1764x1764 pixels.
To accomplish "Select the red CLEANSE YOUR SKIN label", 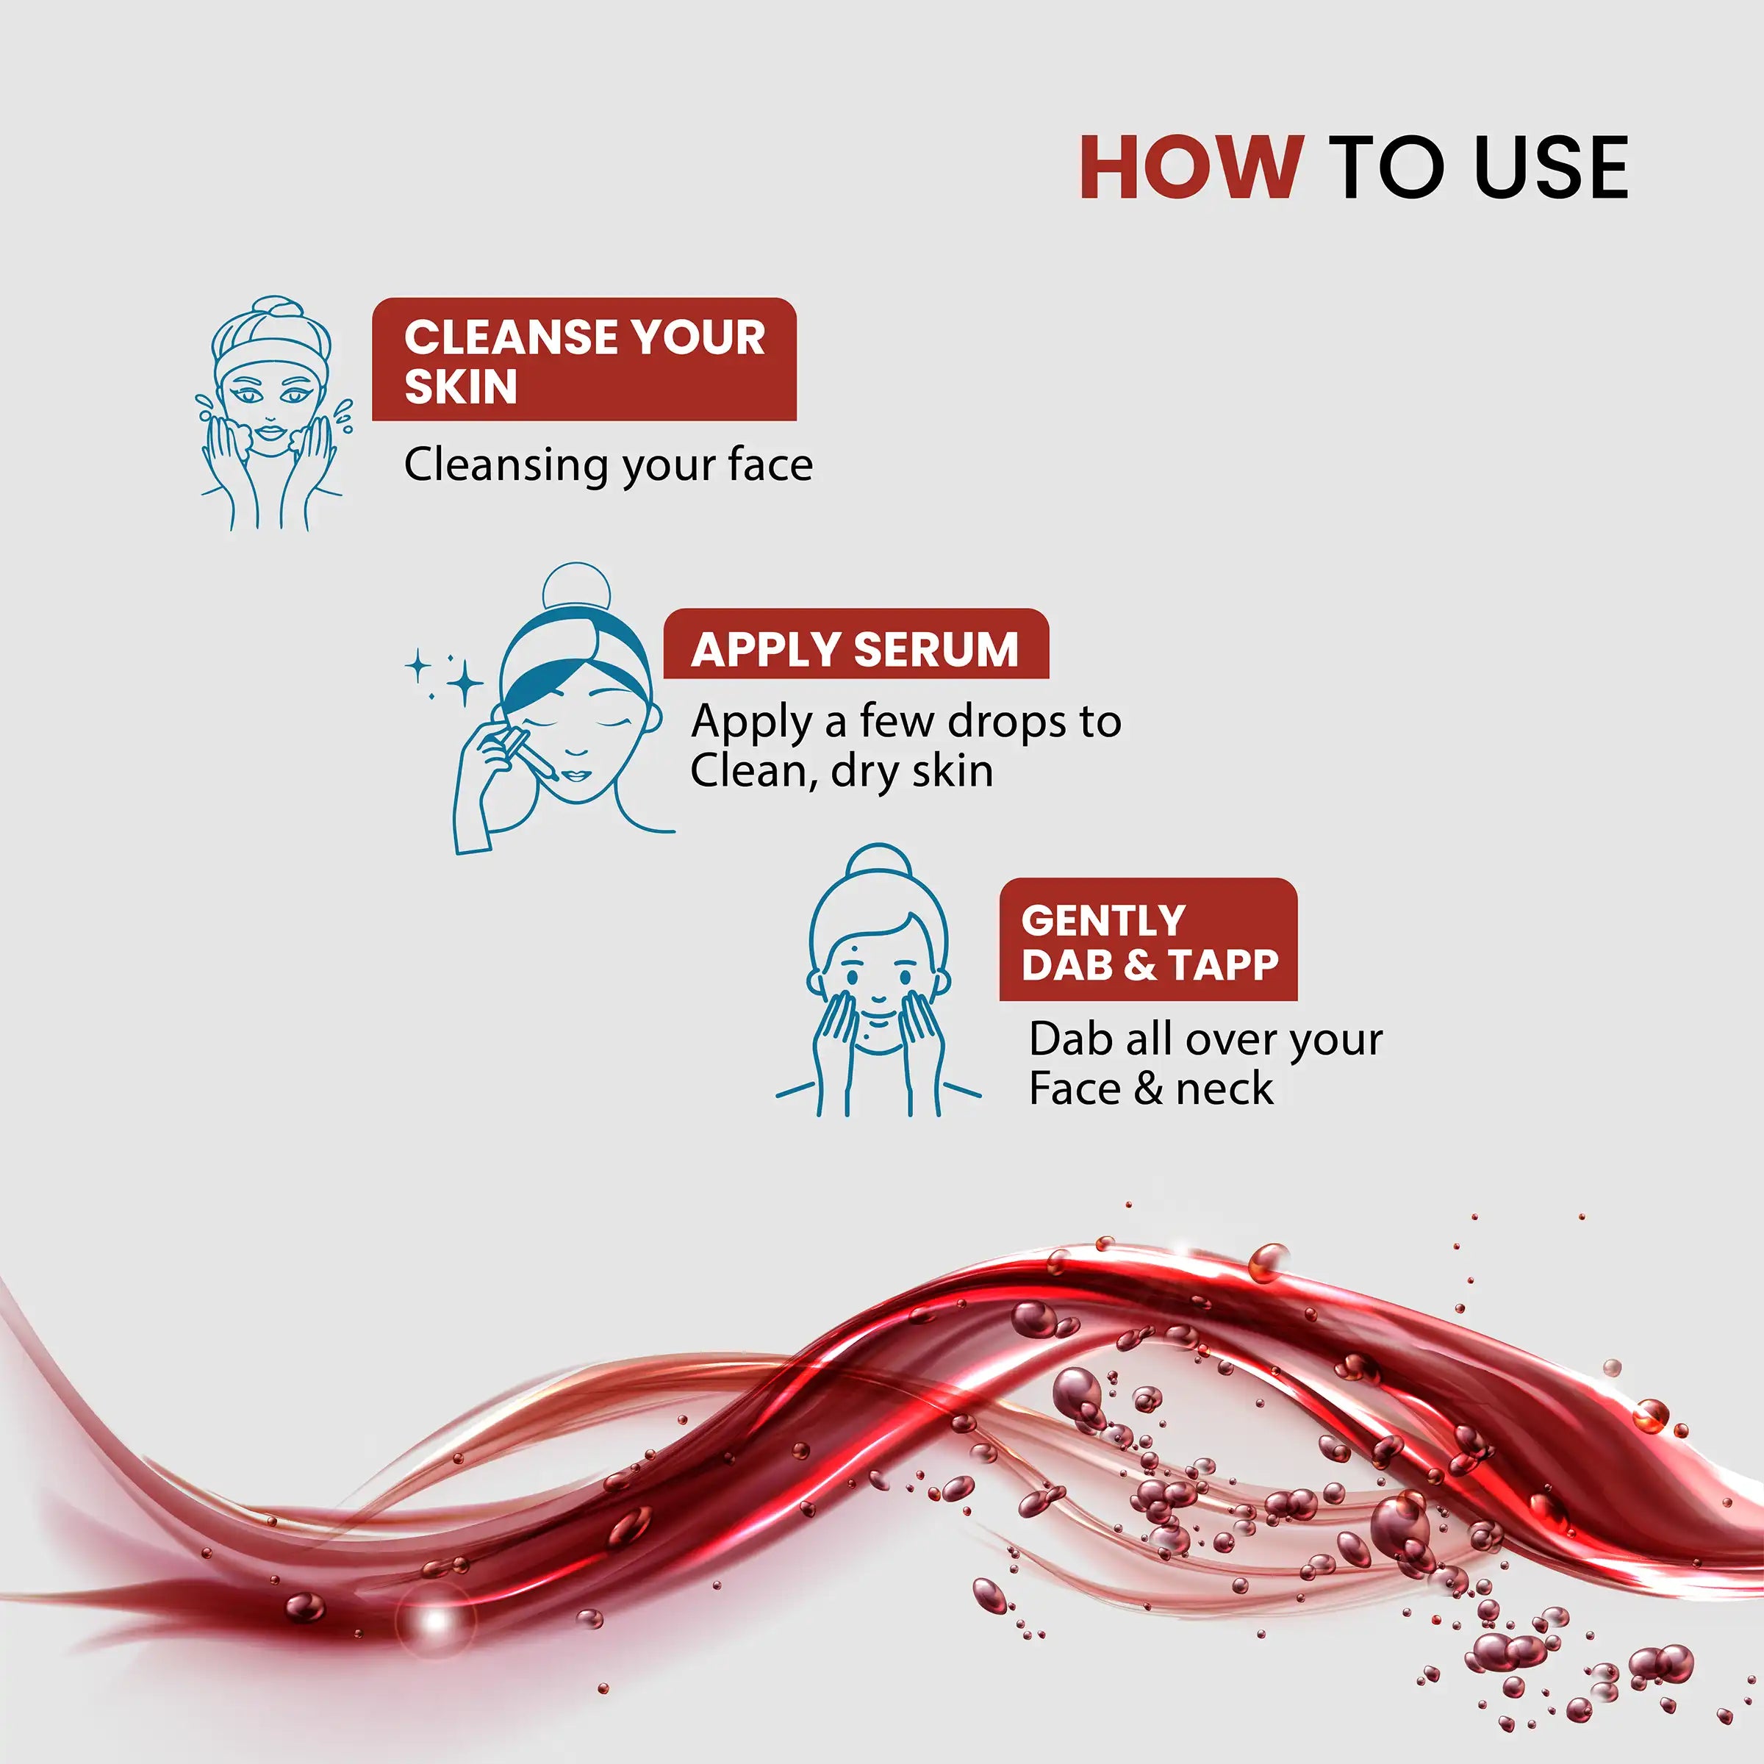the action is pos(584,359).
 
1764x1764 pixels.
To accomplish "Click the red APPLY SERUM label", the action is pos(856,644).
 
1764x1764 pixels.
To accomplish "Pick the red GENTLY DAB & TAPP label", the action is pos(1149,939).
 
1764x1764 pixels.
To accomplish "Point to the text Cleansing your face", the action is pos(608,465).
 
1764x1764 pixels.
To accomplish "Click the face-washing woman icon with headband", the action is pos(273,412).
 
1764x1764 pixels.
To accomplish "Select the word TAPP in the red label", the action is pos(1225,964).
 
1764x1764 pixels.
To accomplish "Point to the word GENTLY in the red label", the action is pos(1103,920).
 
